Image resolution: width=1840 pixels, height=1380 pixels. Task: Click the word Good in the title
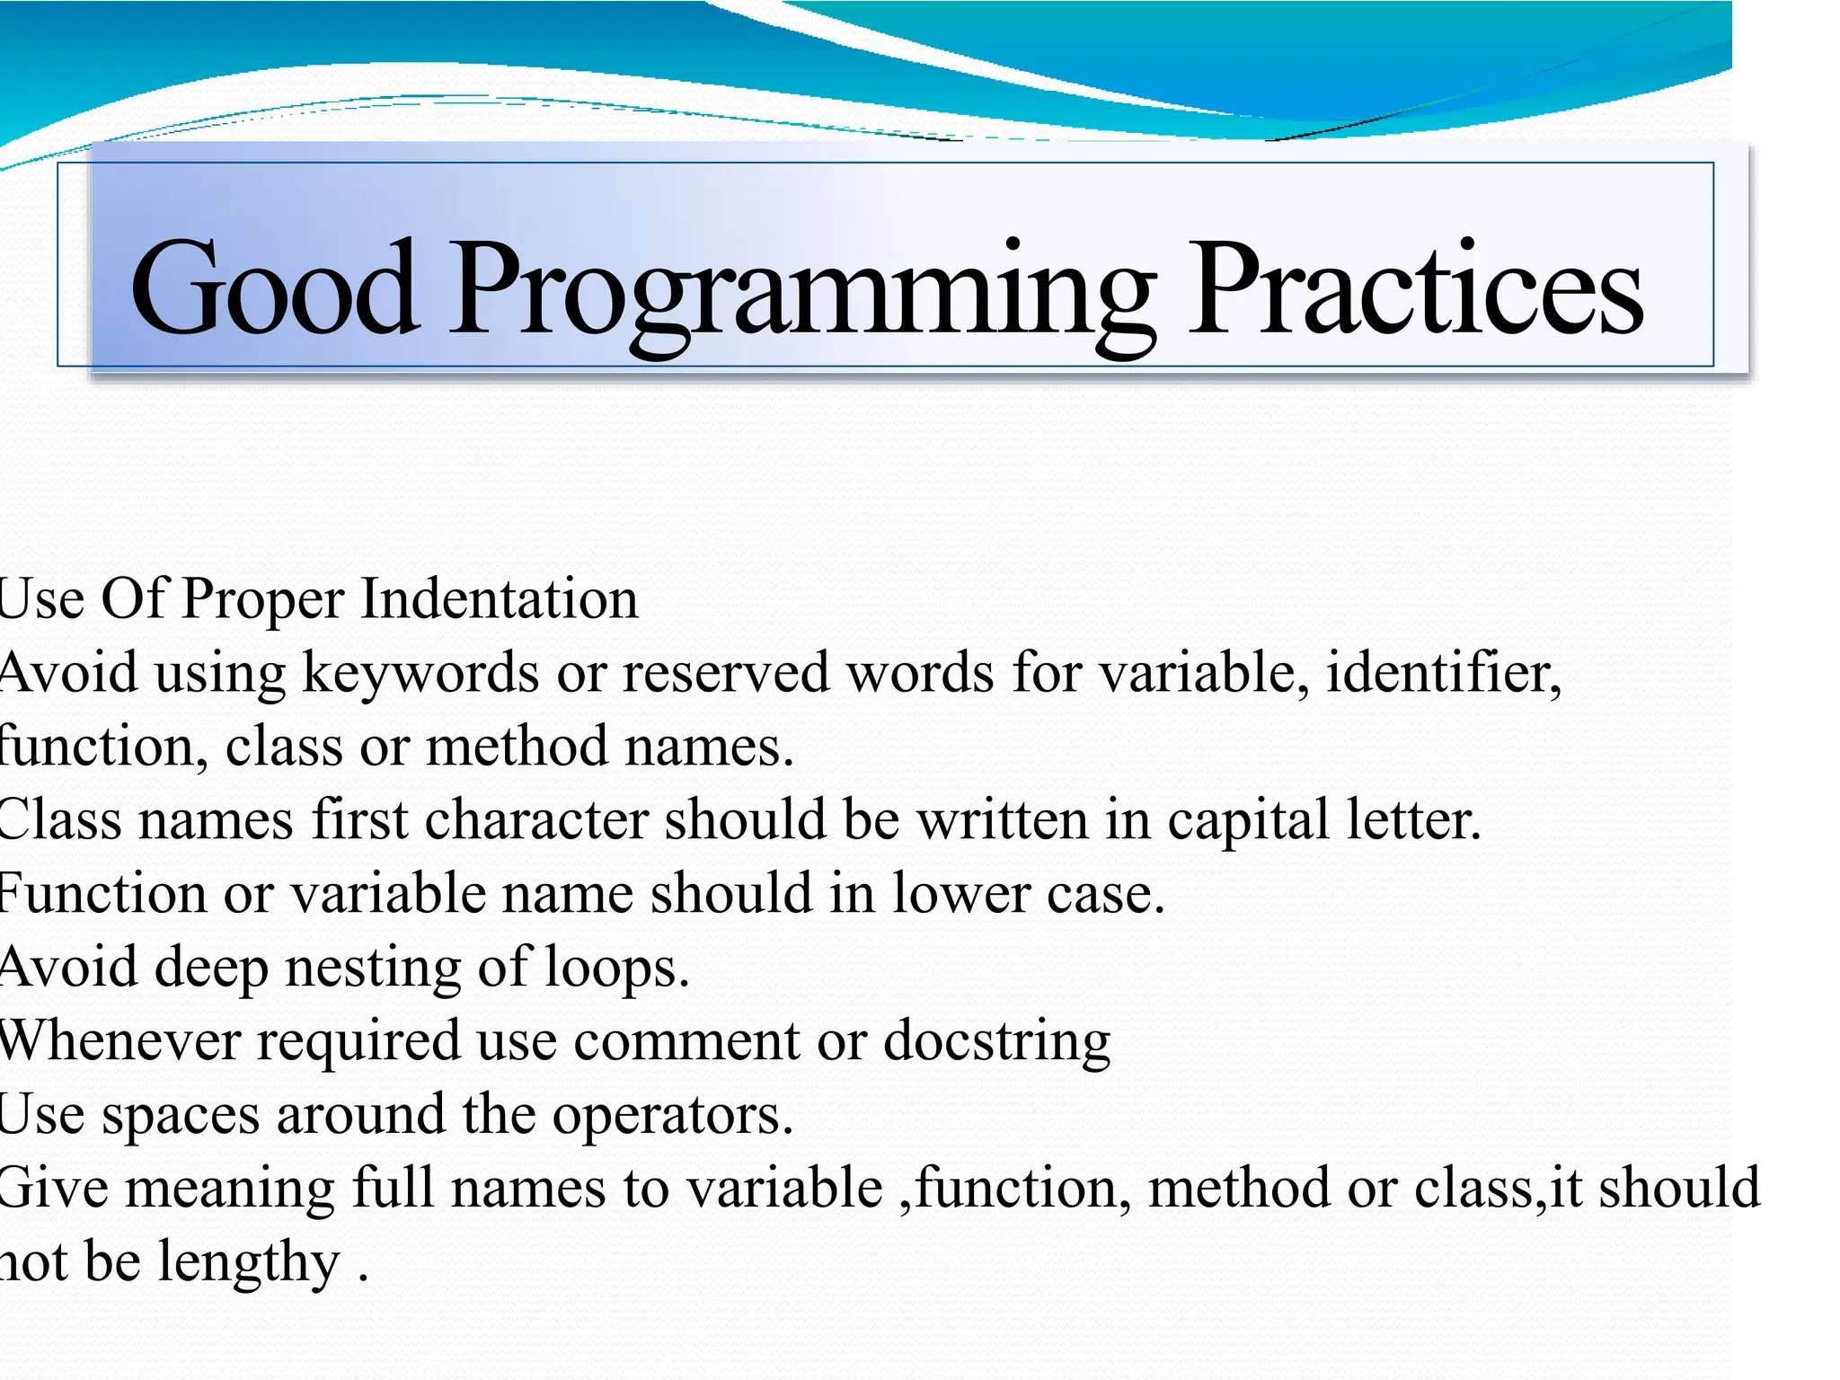tap(274, 287)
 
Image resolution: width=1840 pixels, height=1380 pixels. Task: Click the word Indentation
tap(500, 598)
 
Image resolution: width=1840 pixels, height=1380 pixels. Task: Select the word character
tap(536, 819)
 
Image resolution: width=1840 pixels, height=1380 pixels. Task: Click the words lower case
tap(1028, 894)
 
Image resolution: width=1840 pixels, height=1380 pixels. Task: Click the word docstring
tap(997, 1043)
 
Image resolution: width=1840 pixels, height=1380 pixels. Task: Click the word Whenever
tap(119, 1041)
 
